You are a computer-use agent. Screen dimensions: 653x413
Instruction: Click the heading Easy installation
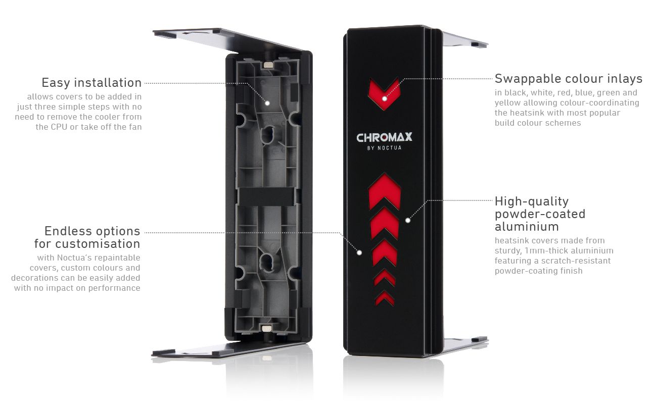(91, 83)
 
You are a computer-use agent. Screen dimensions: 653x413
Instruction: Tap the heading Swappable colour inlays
(569, 79)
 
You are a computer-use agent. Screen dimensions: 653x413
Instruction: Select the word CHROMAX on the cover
(384, 137)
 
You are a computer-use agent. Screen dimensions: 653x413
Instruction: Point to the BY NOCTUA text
(384, 148)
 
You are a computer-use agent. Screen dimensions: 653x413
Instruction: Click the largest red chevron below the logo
(385, 192)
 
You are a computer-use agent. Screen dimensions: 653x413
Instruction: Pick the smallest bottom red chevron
(385, 298)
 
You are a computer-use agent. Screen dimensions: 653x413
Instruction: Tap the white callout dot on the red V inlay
(385, 99)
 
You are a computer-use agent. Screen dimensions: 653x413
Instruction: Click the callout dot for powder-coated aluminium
(408, 221)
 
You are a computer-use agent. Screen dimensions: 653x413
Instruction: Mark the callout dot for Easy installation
(267, 103)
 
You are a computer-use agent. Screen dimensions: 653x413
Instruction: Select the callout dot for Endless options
(359, 252)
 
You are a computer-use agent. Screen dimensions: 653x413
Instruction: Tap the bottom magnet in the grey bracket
(267, 329)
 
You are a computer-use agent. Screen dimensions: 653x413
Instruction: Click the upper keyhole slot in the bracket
(267, 134)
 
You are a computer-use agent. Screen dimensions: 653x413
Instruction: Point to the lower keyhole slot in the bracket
(267, 262)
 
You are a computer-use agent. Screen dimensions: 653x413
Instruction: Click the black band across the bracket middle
(266, 196)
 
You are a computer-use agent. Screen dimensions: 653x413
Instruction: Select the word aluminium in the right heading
(527, 227)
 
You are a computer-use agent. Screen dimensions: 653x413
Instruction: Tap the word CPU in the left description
(59, 127)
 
